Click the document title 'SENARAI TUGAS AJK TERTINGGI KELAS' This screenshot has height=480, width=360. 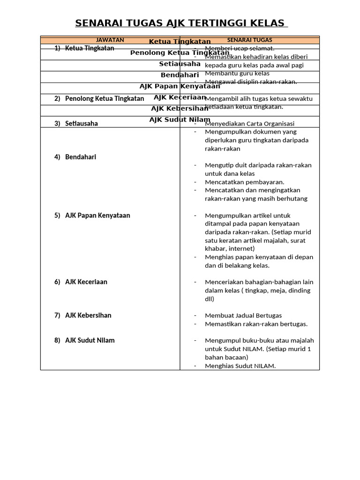pos(180,23)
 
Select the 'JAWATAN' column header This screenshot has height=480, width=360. pos(110,40)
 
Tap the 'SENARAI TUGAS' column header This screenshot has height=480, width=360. pos(249,40)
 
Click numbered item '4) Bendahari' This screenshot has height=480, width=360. pos(75,157)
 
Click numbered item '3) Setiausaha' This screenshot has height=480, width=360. pos(76,124)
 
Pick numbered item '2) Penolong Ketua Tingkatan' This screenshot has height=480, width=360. pos(99,98)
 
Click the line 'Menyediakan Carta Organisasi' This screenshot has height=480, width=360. pos(249,124)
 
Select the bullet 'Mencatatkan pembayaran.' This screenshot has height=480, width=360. pos(244,182)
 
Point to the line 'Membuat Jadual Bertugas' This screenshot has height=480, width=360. pos(243,315)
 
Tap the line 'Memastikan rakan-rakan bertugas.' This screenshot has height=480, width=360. pos(256,324)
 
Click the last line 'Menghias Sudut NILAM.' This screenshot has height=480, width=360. pos(240,366)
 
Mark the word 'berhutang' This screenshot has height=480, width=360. pos(292,199)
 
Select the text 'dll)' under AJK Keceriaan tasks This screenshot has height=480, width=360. pos(210,299)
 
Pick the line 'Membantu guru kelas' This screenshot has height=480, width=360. pos(237,73)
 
